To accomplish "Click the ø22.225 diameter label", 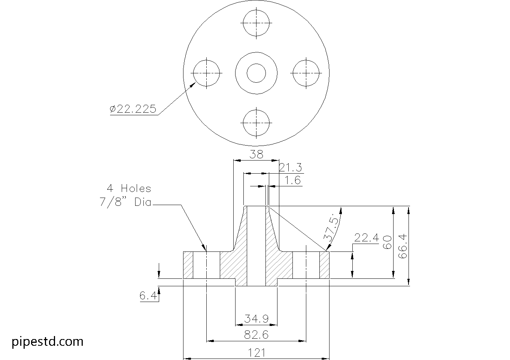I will pos(133,109).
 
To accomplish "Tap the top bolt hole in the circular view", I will pos(256,22).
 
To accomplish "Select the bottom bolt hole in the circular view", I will pos(256,123).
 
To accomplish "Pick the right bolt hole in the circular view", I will pos(306,73).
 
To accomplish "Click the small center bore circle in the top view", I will pos(256,73).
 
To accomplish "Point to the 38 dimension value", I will pos(256,154).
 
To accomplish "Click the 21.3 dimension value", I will pos(290,167).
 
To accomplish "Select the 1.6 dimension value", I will pos(292,181).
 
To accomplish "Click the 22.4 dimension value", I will pos(366,238).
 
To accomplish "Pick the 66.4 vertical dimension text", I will pos(403,246).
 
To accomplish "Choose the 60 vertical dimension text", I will pos(387,242).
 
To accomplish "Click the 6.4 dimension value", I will pos(148,296).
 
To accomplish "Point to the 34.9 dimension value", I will pos(256,319).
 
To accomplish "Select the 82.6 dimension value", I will pos(256,335).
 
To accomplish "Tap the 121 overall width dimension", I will pos(256,353).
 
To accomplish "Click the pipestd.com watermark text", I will pos(48,341).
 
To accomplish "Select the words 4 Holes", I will pos(129,188).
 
